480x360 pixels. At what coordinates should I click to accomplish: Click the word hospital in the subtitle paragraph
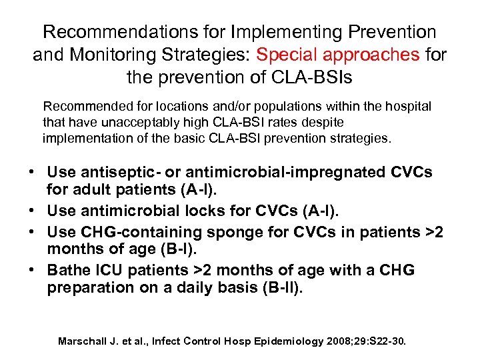pyautogui.click(x=407, y=106)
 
